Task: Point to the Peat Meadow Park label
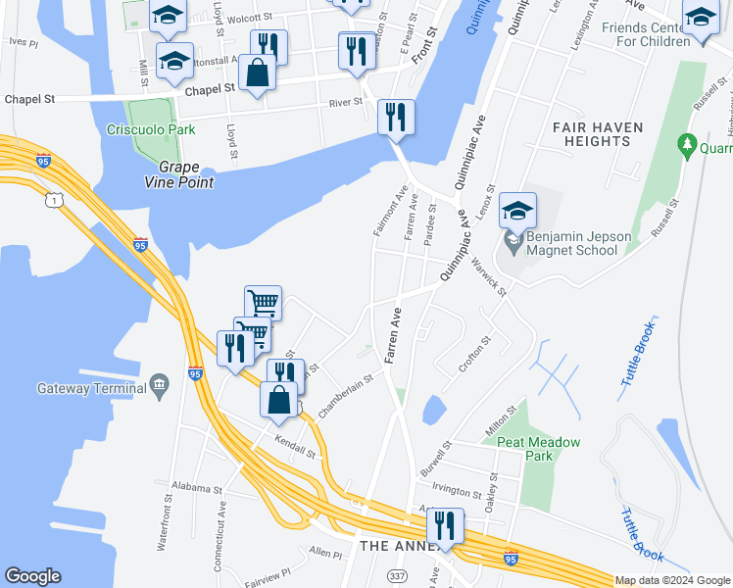coord(538,449)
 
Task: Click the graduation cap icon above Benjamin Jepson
coord(517,210)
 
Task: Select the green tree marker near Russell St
coord(688,147)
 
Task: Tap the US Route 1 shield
coord(58,200)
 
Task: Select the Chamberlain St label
coord(347,390)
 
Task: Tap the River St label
coord(346,102)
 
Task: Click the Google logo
coord(32,576)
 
